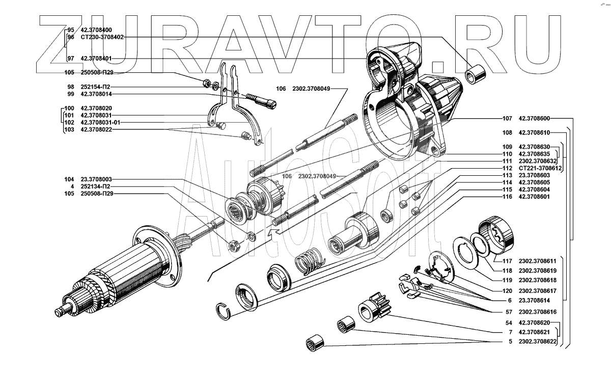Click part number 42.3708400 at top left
tap(96, 30)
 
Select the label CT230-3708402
tap(102, 37)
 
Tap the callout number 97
tap(70, 59)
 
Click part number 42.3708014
tap(96, 94)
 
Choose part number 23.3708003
tap(96, 179)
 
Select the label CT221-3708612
tap(540, 168)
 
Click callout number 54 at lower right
tap(509, 323)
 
